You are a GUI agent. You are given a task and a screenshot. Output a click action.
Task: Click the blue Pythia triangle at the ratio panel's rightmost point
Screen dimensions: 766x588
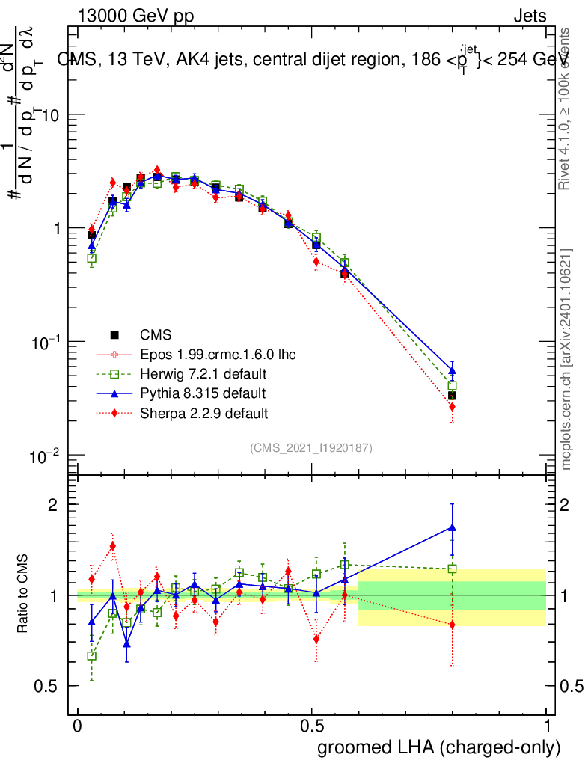click(x=452, y=527)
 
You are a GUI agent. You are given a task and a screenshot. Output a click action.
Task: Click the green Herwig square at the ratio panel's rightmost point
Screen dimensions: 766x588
click(x=452, y=569)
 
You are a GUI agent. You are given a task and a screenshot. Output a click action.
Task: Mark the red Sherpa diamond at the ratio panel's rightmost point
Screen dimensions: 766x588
click(x=452, y=625)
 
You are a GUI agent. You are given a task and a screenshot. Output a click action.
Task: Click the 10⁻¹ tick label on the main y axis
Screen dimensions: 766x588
click(x=46, y=342)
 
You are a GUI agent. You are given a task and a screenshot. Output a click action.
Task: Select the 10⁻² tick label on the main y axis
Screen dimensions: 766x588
click(x=46, y=456)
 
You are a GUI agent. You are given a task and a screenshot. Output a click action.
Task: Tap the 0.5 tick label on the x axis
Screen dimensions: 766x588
click(x=312, y=726)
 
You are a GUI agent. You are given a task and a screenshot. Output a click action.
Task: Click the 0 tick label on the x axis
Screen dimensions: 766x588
click(x=78, y=726)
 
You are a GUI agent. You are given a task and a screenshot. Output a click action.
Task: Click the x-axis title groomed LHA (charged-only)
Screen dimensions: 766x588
click(x=439, y=747)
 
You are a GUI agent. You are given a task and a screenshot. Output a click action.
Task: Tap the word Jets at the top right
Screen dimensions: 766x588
click(x=530, y=16)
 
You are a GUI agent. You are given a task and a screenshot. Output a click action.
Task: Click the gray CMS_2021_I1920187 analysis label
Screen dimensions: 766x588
click(x=311, y=447)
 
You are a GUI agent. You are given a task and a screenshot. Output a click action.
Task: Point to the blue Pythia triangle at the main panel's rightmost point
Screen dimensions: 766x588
click(x=452, y=370)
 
